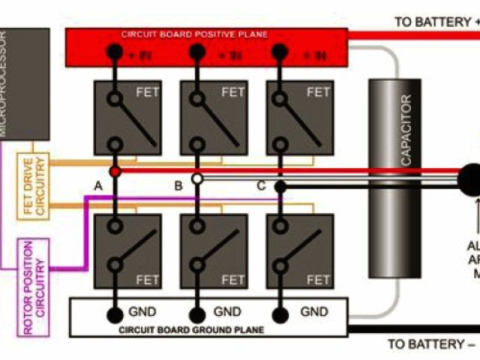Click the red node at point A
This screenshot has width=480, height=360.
115,172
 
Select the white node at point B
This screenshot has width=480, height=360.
197,179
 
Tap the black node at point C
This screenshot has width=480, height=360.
280,187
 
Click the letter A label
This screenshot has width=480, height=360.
97,185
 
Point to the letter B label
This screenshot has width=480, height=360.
178,185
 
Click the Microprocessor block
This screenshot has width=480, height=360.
24,84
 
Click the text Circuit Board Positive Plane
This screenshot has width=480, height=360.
194,34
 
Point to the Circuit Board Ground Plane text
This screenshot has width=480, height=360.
195,328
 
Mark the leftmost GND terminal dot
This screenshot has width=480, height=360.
115,313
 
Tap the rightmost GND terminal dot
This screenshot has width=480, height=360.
280,313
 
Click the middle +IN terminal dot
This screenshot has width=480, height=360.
197,52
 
